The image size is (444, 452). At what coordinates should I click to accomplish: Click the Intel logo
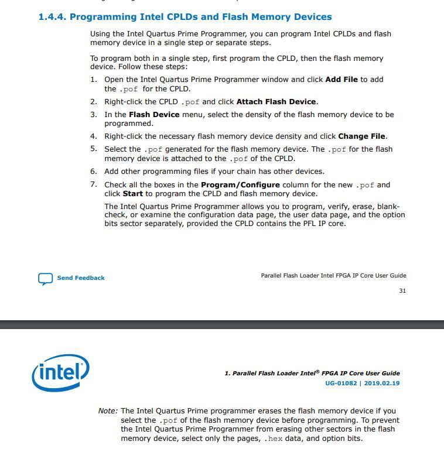click(x=61, y=372)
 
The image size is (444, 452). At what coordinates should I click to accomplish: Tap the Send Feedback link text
click(x=81, y=278)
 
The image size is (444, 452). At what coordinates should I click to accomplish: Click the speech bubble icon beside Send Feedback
click(x=45, y=279)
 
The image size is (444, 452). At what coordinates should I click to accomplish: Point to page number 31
click(x=402, y=291)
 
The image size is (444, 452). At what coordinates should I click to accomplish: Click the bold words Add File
click(x=341, y=80)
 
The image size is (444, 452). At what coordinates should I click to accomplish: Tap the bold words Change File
click(x=361, y=136)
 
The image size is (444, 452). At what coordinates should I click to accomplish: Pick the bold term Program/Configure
click(x=240, y=185)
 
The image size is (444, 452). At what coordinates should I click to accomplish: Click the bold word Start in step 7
click(x=132, y=194)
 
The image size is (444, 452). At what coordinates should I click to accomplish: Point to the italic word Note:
click(x=108, y=411)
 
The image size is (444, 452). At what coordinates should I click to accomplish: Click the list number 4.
click(x=93, y=136)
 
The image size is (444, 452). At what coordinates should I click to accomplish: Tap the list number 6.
click(x=93, y=172)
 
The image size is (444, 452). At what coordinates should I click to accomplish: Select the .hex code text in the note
click(x=273, y=439)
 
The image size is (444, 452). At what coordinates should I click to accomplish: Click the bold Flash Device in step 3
click(x=154, y=115)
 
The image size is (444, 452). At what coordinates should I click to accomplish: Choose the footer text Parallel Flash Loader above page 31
click(x=289, y=276)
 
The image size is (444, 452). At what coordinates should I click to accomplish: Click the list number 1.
click(x=93, y=80)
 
